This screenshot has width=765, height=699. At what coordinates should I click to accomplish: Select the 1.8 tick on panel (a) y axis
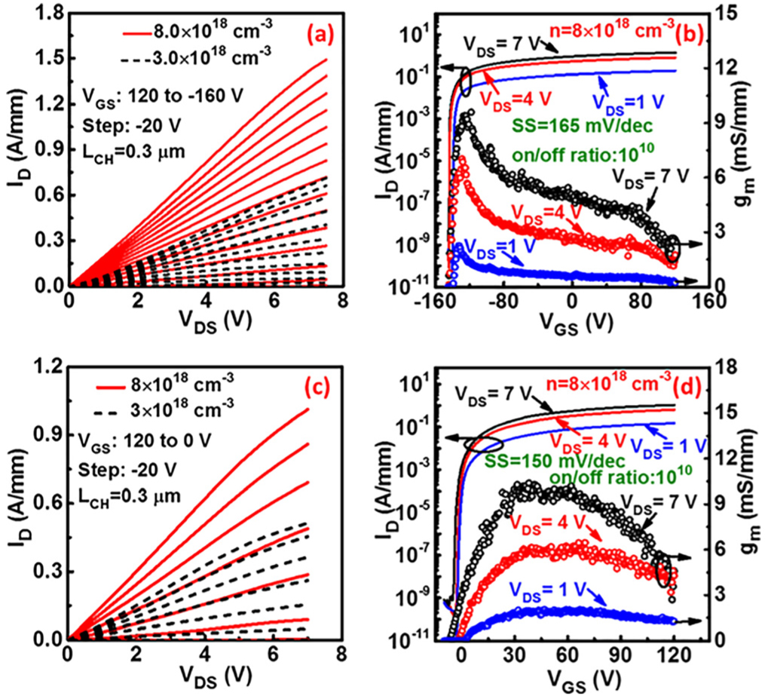pyautogui.click(x=47, y=12)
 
